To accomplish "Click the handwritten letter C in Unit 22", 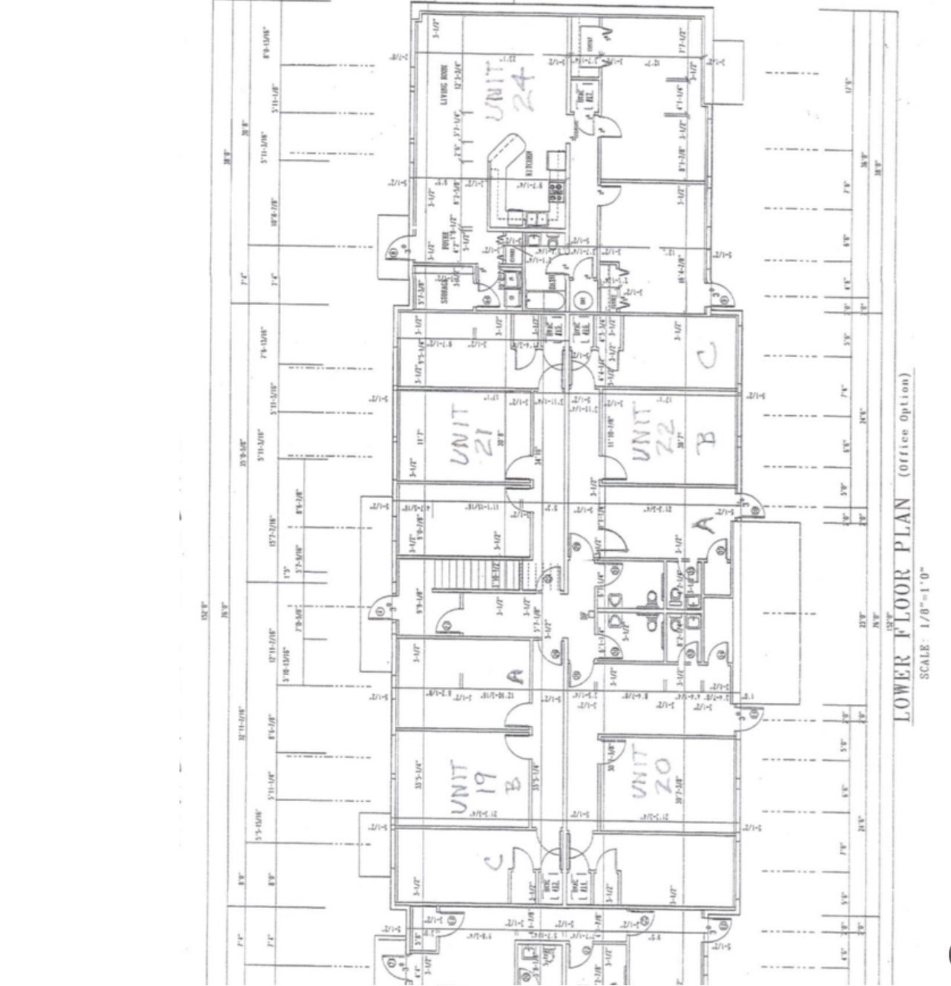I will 707,356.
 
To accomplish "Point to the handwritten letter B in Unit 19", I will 517,783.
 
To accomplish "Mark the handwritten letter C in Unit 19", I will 493,861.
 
